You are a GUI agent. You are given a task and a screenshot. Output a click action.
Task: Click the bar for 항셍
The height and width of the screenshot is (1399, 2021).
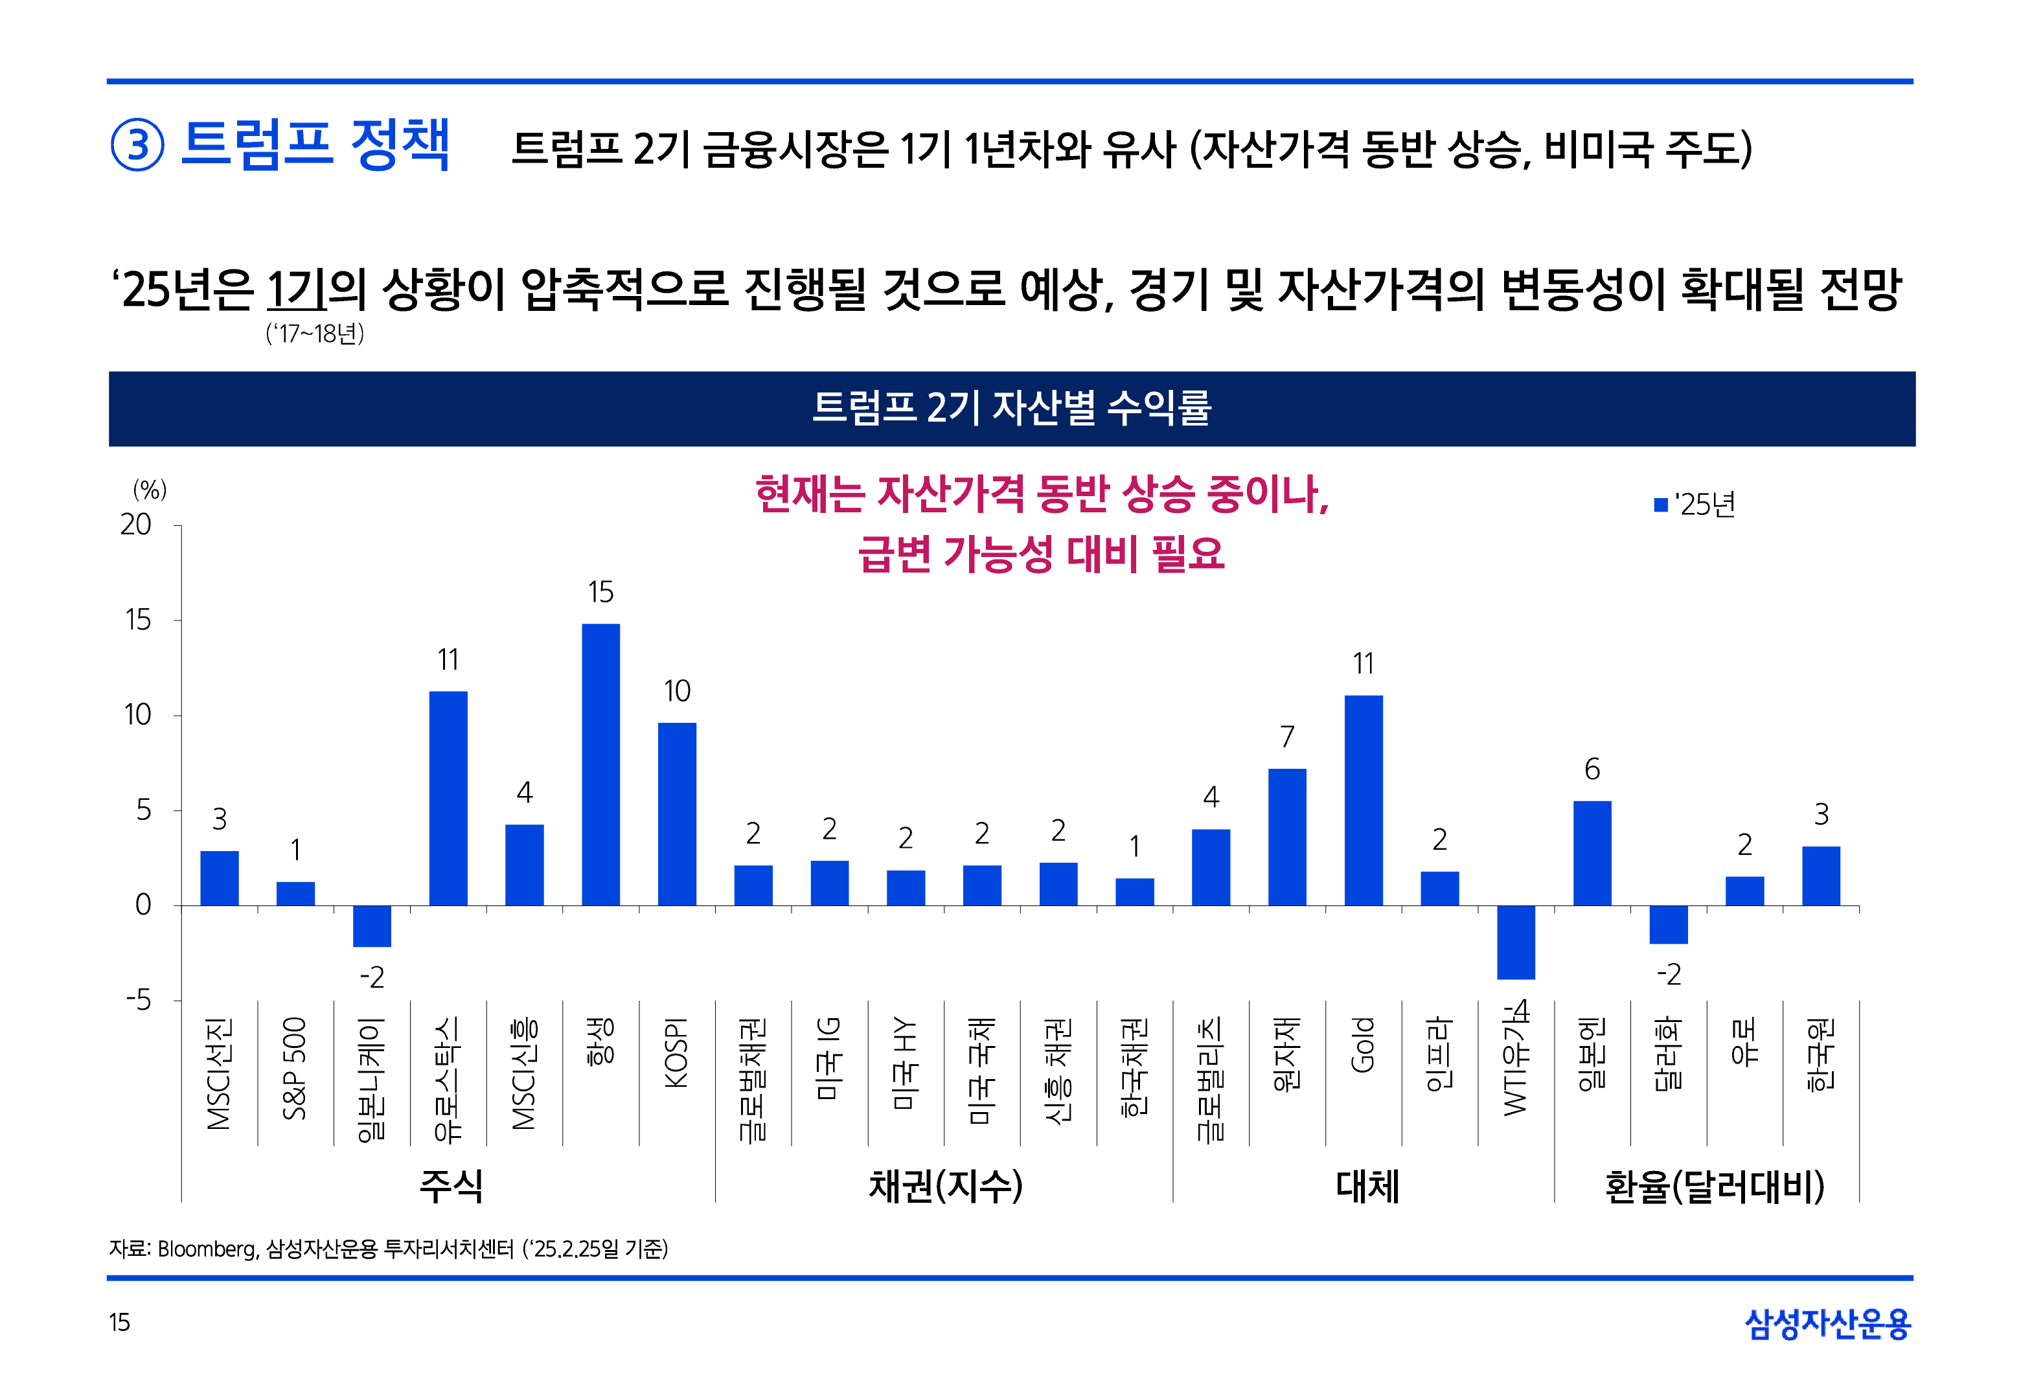tap(600, 764)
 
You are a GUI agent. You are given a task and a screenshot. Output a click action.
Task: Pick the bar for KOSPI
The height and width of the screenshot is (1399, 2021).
tap(677, 813)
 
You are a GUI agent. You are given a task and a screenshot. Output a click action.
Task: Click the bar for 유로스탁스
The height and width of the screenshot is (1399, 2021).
tap(448, 798)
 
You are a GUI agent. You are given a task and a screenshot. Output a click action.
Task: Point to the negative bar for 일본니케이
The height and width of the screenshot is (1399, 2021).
tap(372, 926)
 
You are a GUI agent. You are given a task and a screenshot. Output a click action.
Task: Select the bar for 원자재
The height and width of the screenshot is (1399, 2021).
tap(1286, 836)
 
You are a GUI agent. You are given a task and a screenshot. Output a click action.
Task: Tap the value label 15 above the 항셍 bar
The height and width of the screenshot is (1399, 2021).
tap(600, 593)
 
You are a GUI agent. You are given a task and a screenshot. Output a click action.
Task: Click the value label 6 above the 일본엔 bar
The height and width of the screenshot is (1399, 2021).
tap(1592, 769)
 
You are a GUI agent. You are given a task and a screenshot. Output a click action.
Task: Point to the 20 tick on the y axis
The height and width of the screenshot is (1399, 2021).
tap(136, 525)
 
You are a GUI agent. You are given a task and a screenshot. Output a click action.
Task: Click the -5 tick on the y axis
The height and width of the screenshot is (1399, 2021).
tap(139, 1000)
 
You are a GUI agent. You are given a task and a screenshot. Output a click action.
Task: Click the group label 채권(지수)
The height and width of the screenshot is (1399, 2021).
tap(945, 1186)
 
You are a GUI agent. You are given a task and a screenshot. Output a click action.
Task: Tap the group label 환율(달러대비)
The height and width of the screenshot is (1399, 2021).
tap(1713, 1186)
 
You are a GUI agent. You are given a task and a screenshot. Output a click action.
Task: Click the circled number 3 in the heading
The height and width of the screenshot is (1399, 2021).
tap(137, 146)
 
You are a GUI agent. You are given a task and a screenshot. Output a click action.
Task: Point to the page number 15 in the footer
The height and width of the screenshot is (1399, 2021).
tap(119, 1323)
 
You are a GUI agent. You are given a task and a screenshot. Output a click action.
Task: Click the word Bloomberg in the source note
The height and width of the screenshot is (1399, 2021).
tap(207, 1249)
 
